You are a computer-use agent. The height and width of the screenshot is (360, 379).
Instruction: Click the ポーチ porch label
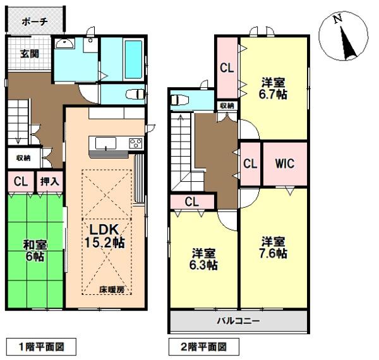[35, 21]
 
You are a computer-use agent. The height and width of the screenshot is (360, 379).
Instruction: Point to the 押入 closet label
[50, 181]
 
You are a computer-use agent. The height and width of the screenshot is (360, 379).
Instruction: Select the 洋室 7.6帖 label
[274, 248]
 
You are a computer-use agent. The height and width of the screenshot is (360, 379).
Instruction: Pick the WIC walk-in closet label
[284, 164]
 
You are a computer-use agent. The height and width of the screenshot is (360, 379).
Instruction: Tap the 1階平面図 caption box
[41, 346]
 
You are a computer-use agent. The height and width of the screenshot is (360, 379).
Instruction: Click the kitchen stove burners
[136, 143]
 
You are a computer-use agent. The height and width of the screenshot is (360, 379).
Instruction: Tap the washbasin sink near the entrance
[65, 44]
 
